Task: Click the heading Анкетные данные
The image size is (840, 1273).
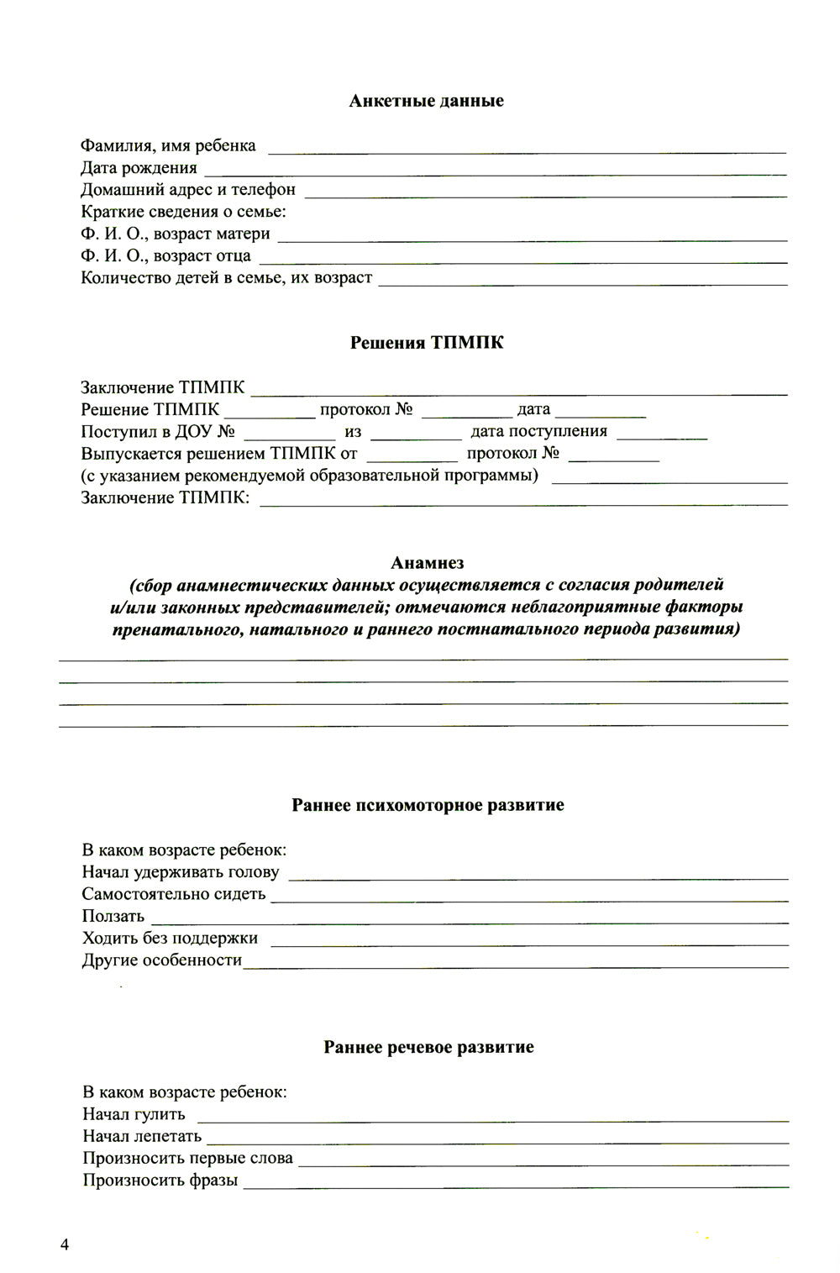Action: [426, 101]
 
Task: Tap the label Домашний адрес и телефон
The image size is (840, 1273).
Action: [187, 190]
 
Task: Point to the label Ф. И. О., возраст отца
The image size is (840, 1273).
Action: [165, 255]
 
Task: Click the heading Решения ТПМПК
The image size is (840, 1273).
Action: [426, 343]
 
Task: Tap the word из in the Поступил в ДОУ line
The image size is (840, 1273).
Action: [353, 432]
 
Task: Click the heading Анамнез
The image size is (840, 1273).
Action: [427, 563]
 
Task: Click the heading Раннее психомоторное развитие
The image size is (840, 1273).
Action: [428, 805]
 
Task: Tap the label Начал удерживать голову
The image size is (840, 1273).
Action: [181, 872]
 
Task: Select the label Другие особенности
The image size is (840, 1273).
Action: [161, 960]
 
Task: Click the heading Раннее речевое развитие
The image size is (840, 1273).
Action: [428, 1047]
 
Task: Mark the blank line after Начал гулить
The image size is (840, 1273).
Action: [492, 1118]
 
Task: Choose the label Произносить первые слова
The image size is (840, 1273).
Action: [187, 1158]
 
